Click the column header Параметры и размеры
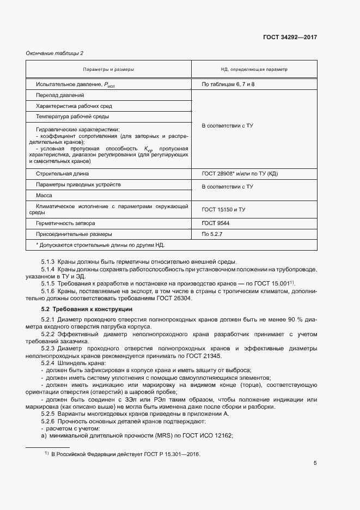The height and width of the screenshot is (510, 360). pos(108,70)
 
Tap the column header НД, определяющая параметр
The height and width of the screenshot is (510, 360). pos(254,70)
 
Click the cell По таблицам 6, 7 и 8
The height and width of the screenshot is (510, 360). pos(228,84)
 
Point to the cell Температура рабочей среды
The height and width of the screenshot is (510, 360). pos(72,117)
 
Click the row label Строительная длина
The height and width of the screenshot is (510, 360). pos(62,174)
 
